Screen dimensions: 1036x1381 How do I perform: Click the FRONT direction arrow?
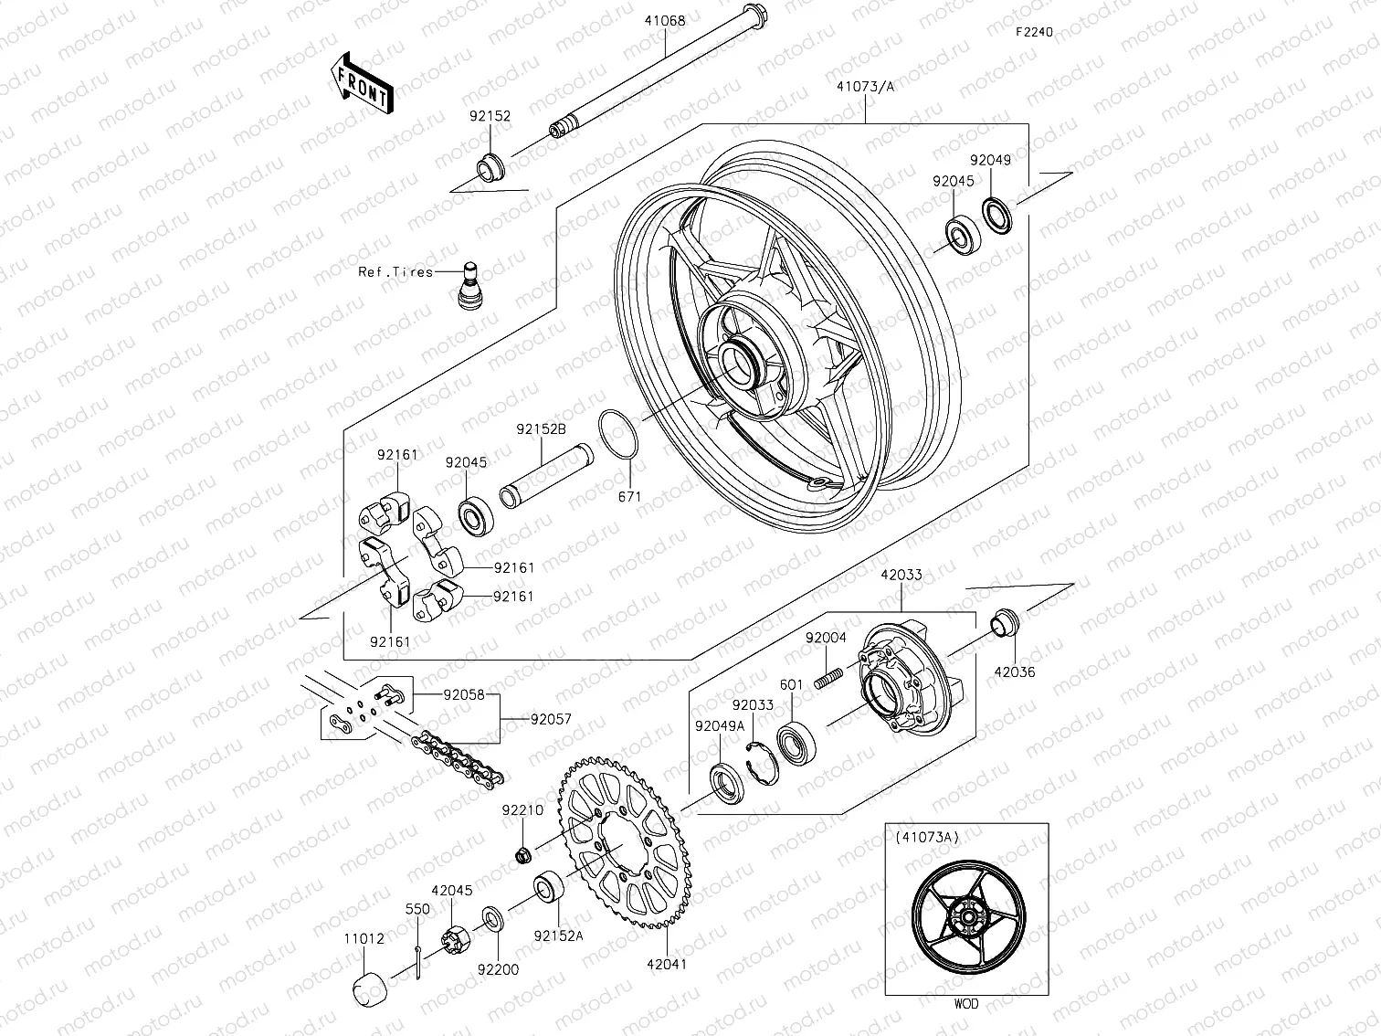[362, 83]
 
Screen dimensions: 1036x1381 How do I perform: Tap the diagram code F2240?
[1034, 32]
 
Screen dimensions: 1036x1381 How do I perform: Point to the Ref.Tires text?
[395, 272]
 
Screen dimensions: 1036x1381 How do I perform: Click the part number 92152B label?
[541, 428]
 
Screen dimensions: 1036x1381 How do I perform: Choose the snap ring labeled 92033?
[759, 760]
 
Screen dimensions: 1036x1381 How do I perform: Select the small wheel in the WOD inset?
[966, 928]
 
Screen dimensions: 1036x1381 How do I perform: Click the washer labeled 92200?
[490, 916]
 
